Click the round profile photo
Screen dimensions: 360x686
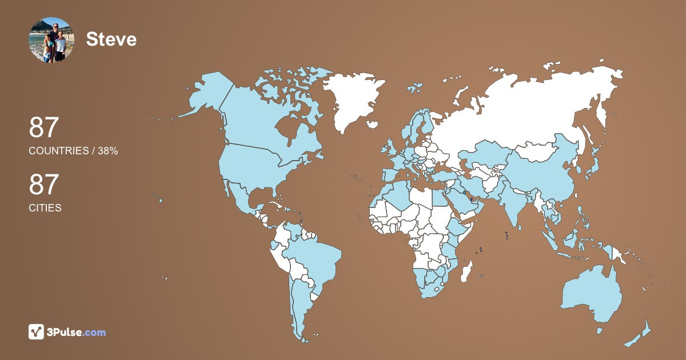pyautogui.click(x=51, y=39)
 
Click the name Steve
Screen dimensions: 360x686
pyautogui.click(x=111, y=39)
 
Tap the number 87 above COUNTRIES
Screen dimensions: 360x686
pyautogui.click(x=44, y=127)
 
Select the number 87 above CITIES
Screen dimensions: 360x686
pyautogui.click(x=44, y=185)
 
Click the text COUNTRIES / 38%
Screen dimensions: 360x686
pyautogui.click(x=73, y=151)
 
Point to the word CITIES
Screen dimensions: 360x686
pyautogui.click(x=45, y=208)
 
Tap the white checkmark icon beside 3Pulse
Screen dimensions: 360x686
pyautogui.click(x=37, y=332)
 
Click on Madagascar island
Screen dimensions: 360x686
pyautogui.click(x=466, y=270)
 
